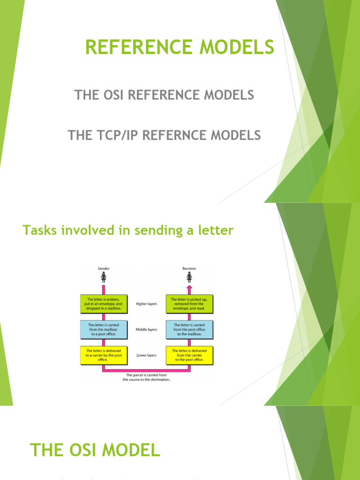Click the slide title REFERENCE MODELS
[180, 47]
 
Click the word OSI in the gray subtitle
[116, 95]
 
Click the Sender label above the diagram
[104, 269]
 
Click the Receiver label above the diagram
[189, 269]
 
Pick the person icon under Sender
[104, 278]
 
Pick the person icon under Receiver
[189, 277]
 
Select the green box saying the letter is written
[103, 304]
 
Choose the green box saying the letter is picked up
[189, 304]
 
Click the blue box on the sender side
[103, 330]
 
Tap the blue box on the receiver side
[189, 330]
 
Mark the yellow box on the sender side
[103, 355]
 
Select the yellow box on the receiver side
[189, 355]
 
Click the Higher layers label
[146, 304]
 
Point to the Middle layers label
[146, 330]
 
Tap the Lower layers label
[146, 355]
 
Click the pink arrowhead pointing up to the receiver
[189, 287]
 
